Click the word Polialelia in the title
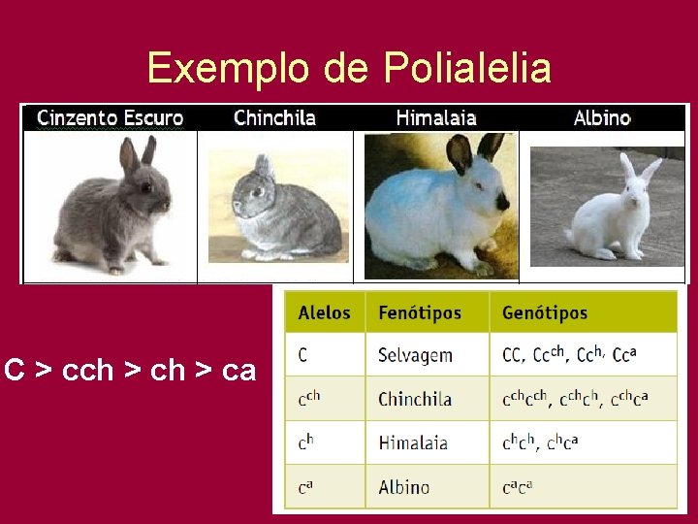point(467,68)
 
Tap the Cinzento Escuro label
point(110,118)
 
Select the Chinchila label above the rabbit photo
point(274,118)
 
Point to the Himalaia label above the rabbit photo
point(436,118)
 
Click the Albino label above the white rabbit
point(602,118)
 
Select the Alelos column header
point(325,313)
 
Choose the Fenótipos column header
point(420,313)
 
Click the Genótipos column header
point(545,313)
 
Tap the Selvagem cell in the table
point(415,355)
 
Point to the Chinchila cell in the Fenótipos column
point(415,399)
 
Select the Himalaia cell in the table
point(413,442)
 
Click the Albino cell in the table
point(404,486)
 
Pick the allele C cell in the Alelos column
point(303,355)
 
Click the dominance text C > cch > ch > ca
point(130,370)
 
